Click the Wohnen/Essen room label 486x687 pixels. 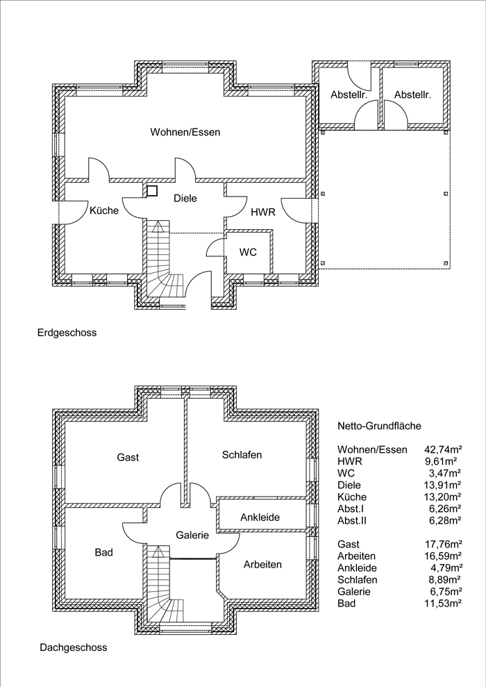tap(185, 132)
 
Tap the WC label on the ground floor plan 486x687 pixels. tap(248, 252)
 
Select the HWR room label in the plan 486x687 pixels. tap(262, 213)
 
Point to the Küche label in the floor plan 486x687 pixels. tap(104, 210)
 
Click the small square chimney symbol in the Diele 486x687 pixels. tap(152, 191)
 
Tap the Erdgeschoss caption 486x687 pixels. tap(67, 333)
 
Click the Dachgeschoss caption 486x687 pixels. tap(74, 647)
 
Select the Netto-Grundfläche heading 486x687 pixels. tap(379, 425)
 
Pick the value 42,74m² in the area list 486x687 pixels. tap(444, 449)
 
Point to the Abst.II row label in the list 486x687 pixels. tap(352, 520)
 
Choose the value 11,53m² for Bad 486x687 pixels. tap(444, 604)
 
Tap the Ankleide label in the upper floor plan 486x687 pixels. tap(260, 518)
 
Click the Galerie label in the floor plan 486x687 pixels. tap(192, 535)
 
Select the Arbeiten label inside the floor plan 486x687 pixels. tap(262, 564)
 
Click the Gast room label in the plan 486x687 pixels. tap(128, 457)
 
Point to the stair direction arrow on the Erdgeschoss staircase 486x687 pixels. tap(158, 227)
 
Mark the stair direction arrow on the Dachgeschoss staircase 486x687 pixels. tap(158, 551)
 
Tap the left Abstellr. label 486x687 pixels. tap(349, 94)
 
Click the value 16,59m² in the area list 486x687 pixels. tap(444, 556)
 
